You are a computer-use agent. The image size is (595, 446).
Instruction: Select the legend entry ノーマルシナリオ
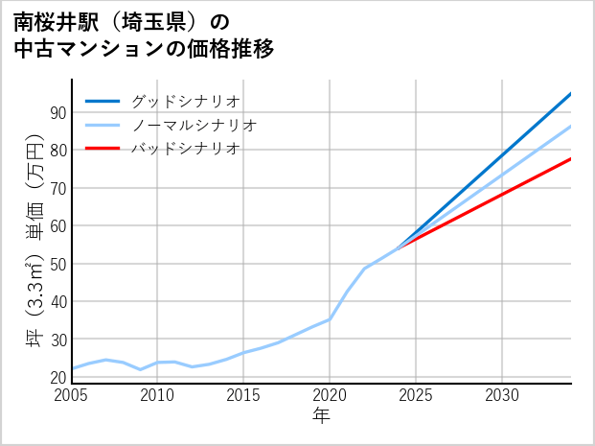(194, 125)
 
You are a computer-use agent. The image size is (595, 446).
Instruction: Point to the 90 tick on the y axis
(57, 112)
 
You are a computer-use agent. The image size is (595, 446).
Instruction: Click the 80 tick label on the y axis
(57, 151)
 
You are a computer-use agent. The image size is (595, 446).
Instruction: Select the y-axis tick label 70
(57, 188)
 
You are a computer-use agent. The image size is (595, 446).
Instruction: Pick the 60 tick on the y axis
(57, 226)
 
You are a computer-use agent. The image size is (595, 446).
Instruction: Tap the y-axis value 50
(57, 264)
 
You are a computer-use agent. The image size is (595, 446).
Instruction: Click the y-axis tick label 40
(57, 302)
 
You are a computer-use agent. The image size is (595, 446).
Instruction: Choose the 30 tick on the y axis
(57, 340)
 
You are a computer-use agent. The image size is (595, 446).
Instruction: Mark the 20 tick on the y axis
(57, 378)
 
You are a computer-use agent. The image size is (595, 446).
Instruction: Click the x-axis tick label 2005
(72, 395)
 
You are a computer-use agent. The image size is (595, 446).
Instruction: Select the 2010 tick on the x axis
(157, 395)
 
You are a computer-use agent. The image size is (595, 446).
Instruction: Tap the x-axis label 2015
(243, 395)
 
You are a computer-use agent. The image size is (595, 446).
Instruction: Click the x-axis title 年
(322, 416)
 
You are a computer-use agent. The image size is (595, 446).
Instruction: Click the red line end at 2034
(570, 159)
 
